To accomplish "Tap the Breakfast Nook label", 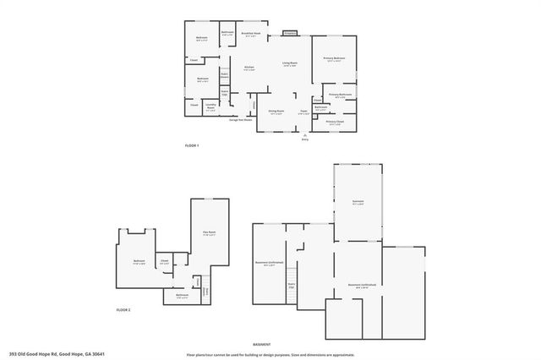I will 250,35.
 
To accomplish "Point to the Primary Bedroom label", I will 334,59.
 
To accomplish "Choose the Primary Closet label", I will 335,122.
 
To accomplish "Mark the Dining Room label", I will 276,112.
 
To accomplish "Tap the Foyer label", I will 303,112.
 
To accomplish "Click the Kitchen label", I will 249,68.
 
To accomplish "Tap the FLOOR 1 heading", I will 192,146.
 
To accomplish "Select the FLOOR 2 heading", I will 124,310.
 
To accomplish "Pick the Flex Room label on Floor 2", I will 210,233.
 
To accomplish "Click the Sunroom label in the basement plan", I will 358,202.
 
